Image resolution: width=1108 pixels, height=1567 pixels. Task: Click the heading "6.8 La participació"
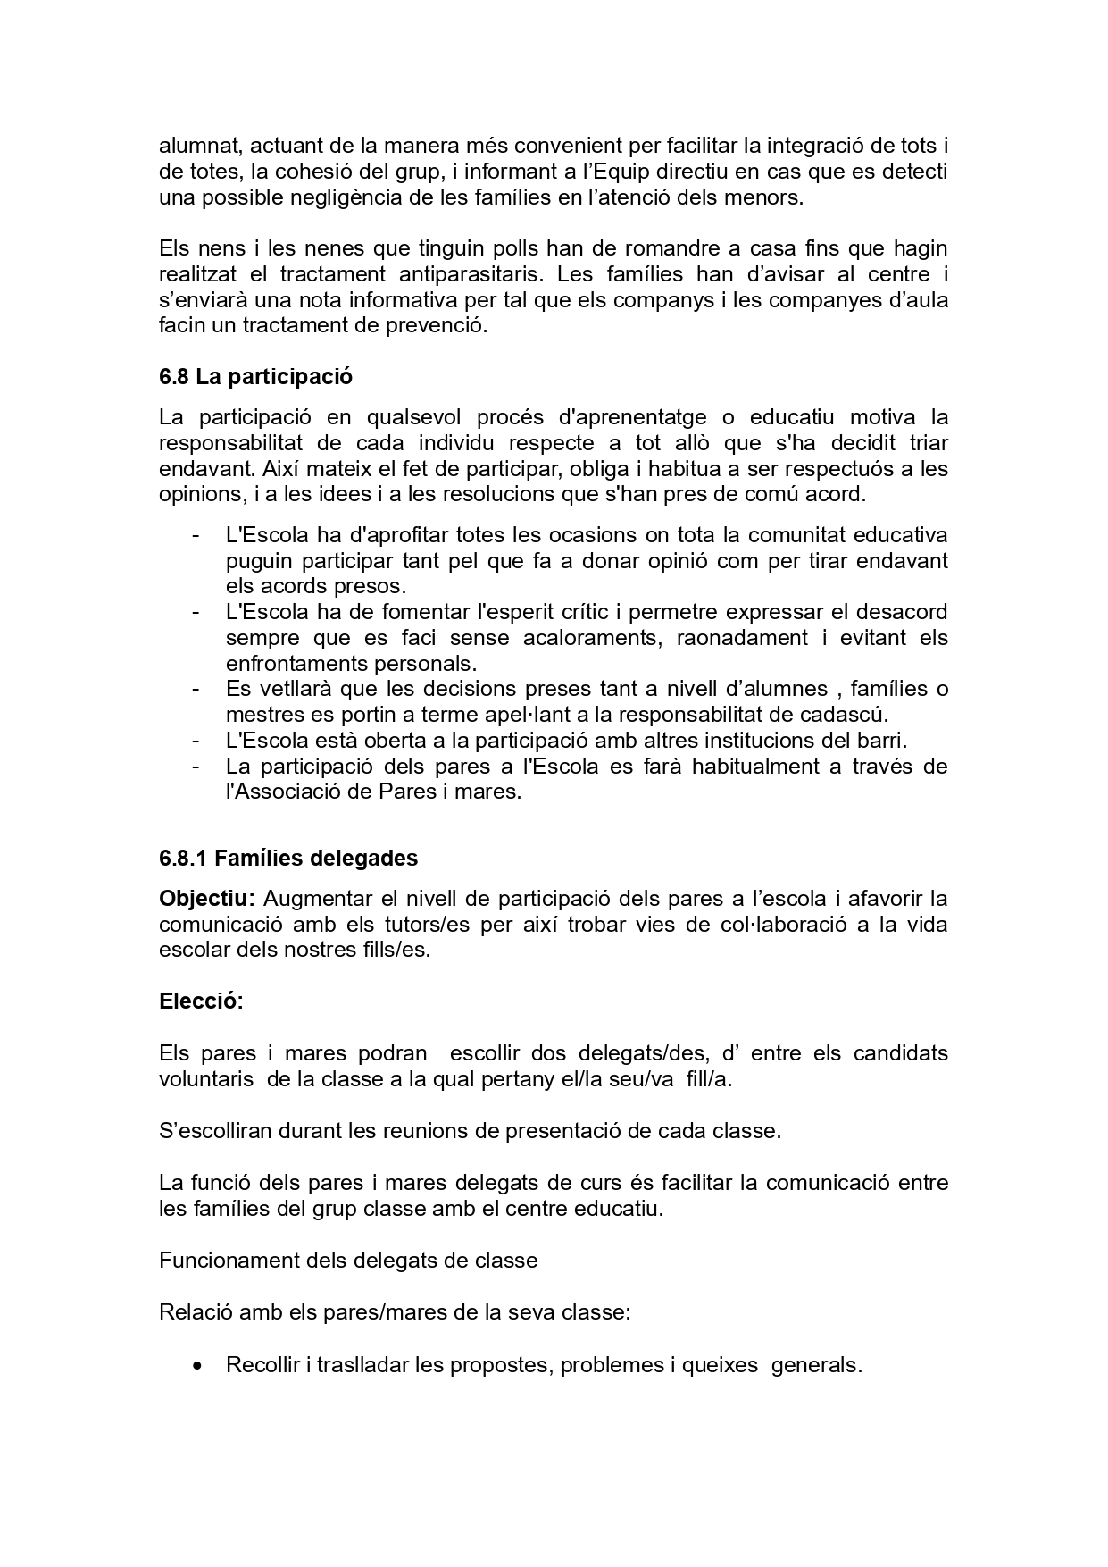(x=255, y=377)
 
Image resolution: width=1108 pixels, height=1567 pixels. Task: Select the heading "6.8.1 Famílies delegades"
(x=288, y=859)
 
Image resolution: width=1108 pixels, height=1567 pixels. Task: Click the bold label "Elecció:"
(x=201, y=1001)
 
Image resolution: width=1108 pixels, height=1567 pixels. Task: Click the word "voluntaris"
(x=206, y=1079)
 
